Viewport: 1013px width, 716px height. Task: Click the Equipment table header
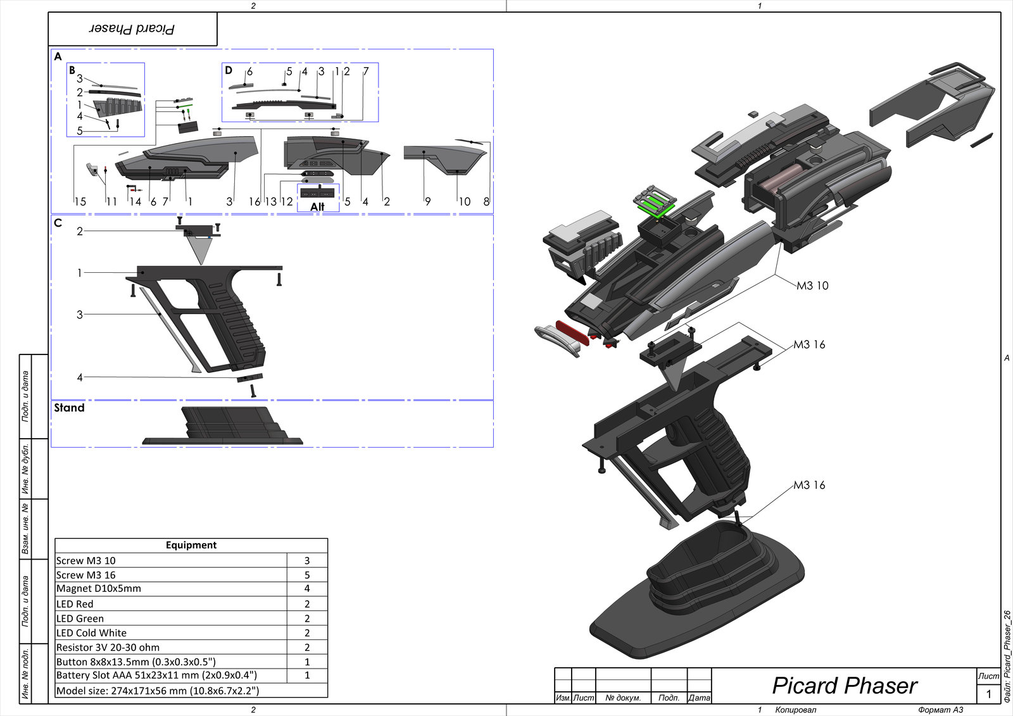191,545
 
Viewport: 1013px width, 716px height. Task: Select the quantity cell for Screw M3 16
307,575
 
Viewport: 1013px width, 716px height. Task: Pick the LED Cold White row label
91,633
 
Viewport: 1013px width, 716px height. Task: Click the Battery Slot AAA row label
156,675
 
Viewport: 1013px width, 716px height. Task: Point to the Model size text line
158,691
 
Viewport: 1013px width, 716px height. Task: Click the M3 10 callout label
812,286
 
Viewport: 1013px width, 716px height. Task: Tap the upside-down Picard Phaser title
132,29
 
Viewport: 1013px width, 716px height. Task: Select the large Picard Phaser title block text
845,686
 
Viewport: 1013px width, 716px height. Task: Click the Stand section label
69,408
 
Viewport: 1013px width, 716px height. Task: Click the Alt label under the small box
317,207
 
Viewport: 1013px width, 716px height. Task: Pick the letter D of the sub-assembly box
229,70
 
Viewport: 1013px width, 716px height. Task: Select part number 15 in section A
80,202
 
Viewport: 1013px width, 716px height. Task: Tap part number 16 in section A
255,202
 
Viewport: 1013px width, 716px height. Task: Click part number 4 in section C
80,377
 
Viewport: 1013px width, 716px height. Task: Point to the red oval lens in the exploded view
572,333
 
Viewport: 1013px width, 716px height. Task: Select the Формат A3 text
941,710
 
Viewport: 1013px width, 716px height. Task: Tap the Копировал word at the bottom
795,710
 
